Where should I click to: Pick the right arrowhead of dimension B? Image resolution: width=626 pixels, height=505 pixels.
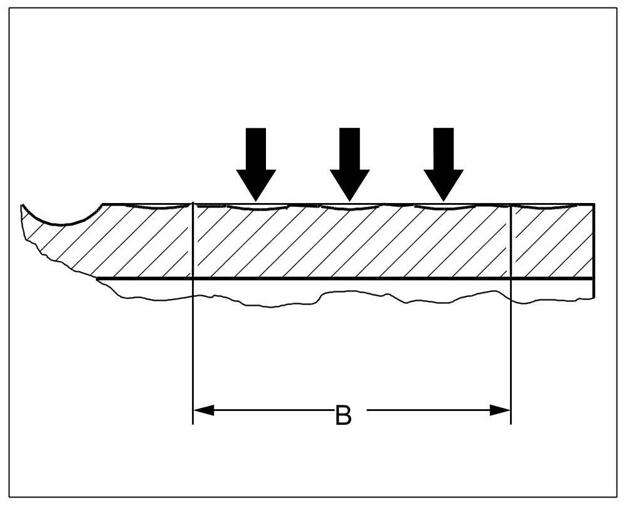coord(499,410)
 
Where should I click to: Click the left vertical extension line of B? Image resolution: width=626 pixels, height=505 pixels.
coord(193,351)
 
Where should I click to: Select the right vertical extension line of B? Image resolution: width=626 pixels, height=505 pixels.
coord(511,351)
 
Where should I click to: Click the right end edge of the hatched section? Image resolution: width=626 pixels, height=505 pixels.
coord(593,241)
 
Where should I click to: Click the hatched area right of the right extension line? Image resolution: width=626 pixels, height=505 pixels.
coord(552,241)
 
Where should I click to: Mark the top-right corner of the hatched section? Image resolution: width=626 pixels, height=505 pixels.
coord(593,204)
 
